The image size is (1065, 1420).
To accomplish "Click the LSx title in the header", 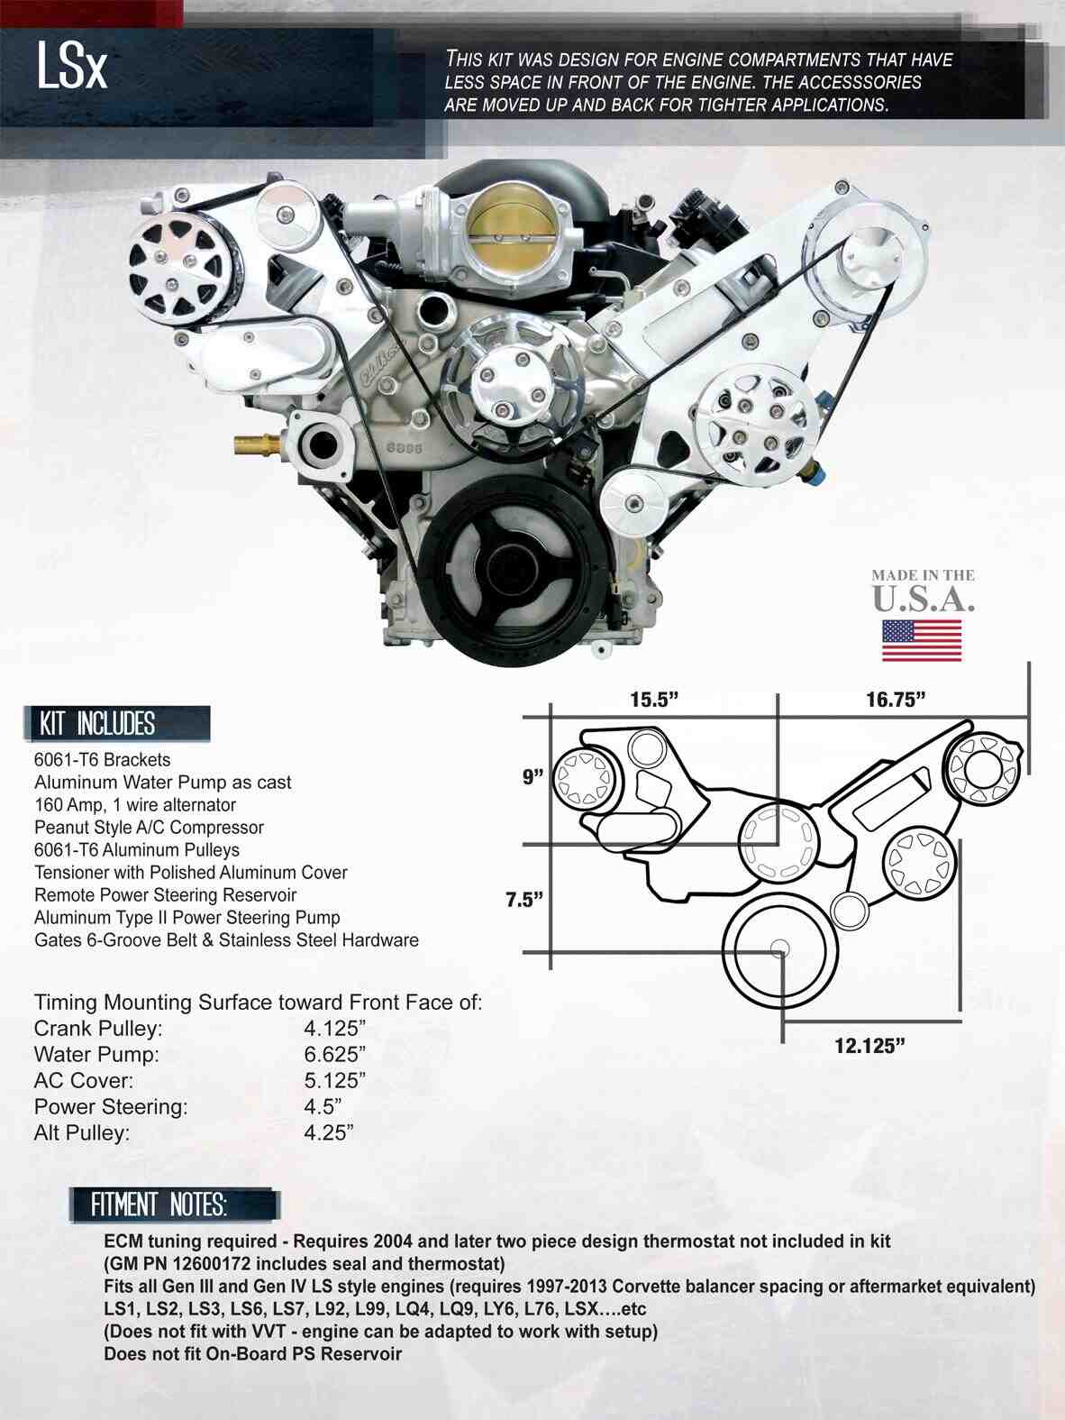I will (72, 66).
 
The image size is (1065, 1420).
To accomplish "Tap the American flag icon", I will (921, 640).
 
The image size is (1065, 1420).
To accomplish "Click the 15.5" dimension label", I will (653, 701).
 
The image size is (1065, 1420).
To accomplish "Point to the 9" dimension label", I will (533, 776).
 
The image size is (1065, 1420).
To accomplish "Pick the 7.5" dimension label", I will (524, 899).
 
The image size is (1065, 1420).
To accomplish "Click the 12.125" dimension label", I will (869, 1046).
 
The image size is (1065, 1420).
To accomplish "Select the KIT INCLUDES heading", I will (97, 724).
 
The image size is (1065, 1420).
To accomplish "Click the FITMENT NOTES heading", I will (159, 1205).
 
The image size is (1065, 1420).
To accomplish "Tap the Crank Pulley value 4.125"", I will (334, 1029).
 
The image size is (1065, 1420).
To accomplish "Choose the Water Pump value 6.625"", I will (334, 1054).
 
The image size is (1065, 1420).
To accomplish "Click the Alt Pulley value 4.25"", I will (328, 1133).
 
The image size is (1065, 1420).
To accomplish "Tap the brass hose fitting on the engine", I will (258, 444).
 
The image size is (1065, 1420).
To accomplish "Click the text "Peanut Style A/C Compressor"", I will (149, 828).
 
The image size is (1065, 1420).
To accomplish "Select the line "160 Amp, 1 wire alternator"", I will (135, 805).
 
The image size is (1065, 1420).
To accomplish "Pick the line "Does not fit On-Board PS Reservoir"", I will (252, 1353).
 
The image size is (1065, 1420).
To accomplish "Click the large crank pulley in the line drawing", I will (780, 948).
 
